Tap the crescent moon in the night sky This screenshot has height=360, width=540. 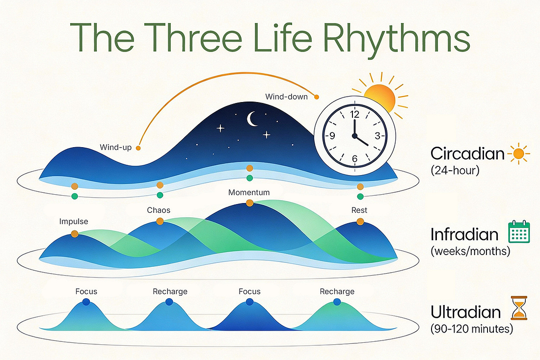253,118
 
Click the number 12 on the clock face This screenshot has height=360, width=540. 354,115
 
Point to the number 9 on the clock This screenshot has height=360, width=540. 332,136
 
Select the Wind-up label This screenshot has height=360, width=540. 116,147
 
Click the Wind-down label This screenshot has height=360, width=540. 286,97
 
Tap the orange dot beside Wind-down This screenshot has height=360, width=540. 317,96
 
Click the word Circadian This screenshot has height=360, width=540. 467,154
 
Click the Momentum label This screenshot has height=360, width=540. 249,192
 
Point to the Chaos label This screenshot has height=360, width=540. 159,210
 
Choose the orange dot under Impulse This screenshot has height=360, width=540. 75,234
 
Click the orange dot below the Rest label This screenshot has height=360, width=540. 360,222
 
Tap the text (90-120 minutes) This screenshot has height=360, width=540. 472,329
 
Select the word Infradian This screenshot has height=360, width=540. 464,234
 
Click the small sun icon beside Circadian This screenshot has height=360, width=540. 519,154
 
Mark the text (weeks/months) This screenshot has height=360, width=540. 470,251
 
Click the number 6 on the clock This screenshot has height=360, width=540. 354,158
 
